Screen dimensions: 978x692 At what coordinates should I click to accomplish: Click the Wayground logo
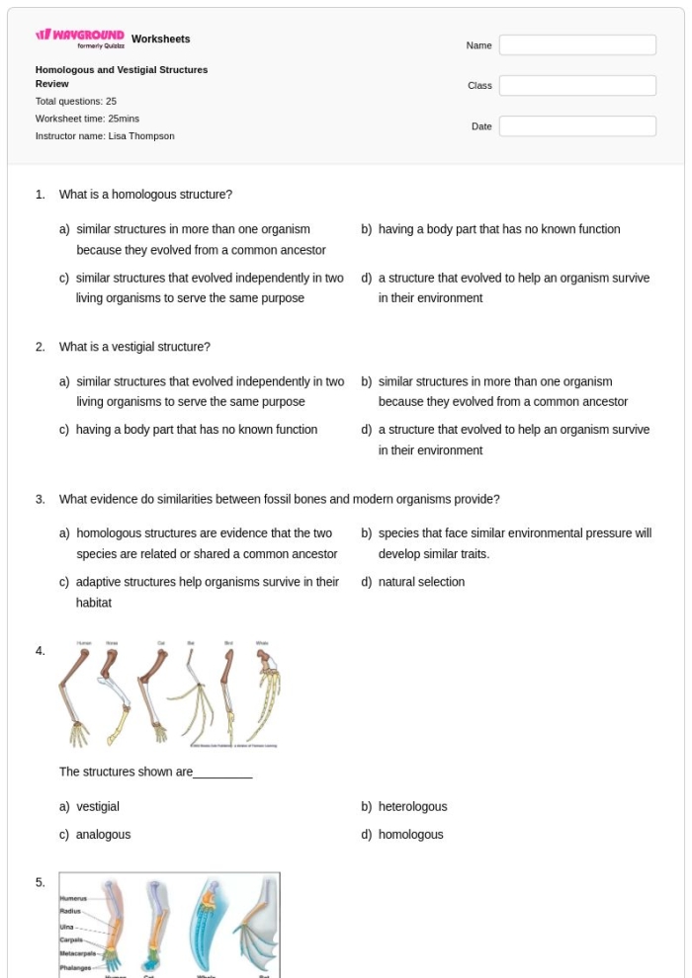point(80,39)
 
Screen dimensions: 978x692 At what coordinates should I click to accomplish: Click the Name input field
point(577,45)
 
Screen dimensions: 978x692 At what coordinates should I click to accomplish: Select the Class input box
point(577,86)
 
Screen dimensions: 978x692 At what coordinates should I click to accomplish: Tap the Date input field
point(577,126)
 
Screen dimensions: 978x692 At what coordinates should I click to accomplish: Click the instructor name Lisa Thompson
point(140,136)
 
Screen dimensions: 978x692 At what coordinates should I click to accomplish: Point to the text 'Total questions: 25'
point(76,102)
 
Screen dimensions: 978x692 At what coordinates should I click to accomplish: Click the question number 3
point(41,499)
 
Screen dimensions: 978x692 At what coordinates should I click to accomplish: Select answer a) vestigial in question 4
point(97,807)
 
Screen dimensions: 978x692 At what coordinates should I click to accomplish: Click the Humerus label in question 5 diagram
point(73,898)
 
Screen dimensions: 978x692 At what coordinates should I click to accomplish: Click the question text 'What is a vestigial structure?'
point(134,347)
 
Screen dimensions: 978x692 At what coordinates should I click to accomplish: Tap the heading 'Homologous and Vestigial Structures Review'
point(121,77)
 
